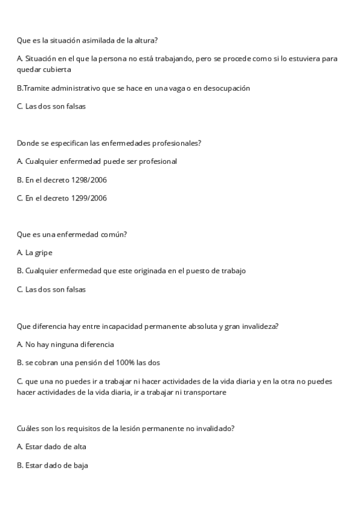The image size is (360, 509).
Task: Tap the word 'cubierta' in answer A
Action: click(56, 69)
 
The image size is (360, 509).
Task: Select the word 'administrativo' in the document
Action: click(75, 88)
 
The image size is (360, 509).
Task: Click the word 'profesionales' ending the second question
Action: click(178, 143)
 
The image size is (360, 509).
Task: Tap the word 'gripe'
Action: click(43, 253)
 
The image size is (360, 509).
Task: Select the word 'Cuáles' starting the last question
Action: click(28, 429)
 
